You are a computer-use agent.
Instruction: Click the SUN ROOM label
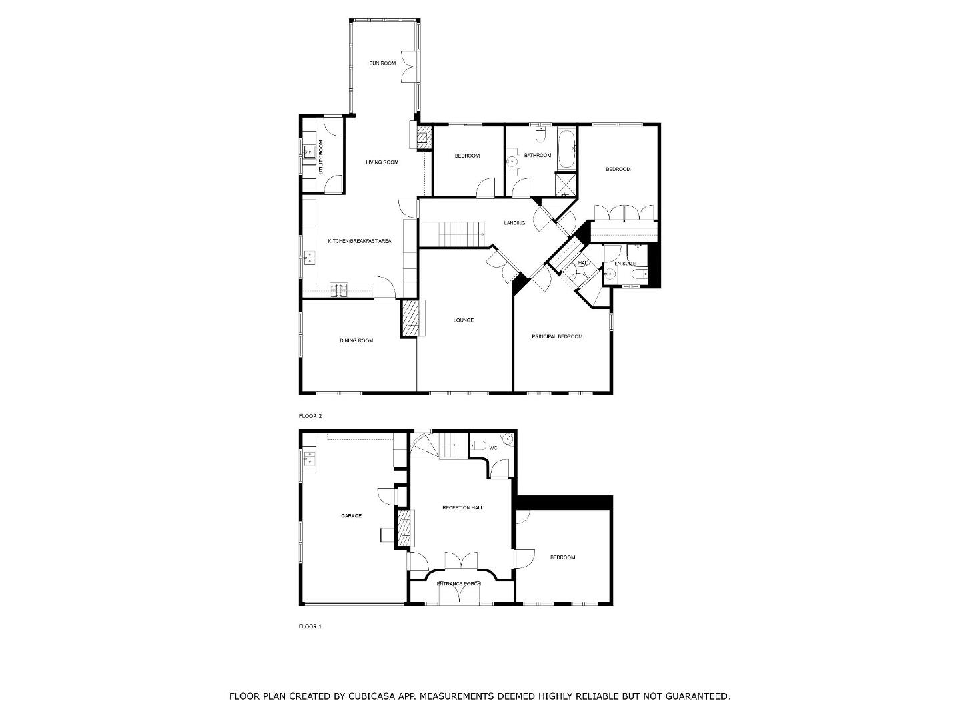pos(382,63)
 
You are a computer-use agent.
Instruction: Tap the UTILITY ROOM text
pos(321,157)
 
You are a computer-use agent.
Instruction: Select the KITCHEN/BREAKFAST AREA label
pos(360,241)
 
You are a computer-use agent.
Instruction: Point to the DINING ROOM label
pos(356,341)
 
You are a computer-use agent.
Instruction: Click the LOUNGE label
pos(463,320)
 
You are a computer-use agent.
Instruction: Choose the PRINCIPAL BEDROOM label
pos(557,337)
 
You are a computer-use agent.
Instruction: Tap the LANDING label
pos(514,223)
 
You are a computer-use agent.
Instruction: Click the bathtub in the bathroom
pos(566,149)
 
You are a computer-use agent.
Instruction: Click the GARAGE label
pos(351,516)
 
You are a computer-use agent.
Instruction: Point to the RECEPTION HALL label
pos(463,508)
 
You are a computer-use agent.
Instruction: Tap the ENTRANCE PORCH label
pos(459,584)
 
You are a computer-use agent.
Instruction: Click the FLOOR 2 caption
pos(310,416)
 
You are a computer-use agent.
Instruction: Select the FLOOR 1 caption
pos(310,626)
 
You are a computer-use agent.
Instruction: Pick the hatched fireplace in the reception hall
pos(404,529)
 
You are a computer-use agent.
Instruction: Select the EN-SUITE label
pos(625,264)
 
